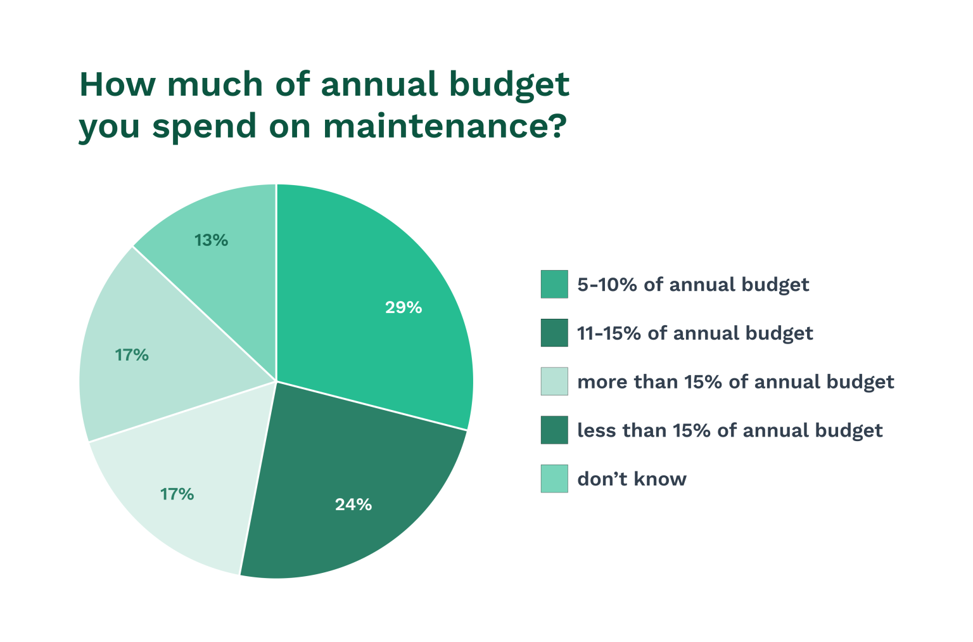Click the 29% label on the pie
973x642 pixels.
tap(404, 308)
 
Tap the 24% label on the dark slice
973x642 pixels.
tap(353, 505)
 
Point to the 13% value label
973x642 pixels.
tap(211, 241)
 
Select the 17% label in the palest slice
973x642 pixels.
tap(177, 494)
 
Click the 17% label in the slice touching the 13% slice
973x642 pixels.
tap(132, 356)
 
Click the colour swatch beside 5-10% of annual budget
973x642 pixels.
tap(554, 284)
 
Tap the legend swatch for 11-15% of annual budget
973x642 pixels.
tap(554, 333)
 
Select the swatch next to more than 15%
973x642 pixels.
tap(554, 382)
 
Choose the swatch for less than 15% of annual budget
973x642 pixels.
tap(554, 430)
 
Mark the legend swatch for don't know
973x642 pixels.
tap(554, 478)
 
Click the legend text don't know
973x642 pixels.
tap(632, 479)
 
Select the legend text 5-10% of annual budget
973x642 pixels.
tap(693, 285)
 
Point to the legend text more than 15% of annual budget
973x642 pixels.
tap(735, 382)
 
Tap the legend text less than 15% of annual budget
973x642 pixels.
tap(730, 431)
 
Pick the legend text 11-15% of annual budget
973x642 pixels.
tap(695, 333)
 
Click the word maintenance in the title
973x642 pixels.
tap(443, 125)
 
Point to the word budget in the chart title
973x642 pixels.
tap(509, 86)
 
